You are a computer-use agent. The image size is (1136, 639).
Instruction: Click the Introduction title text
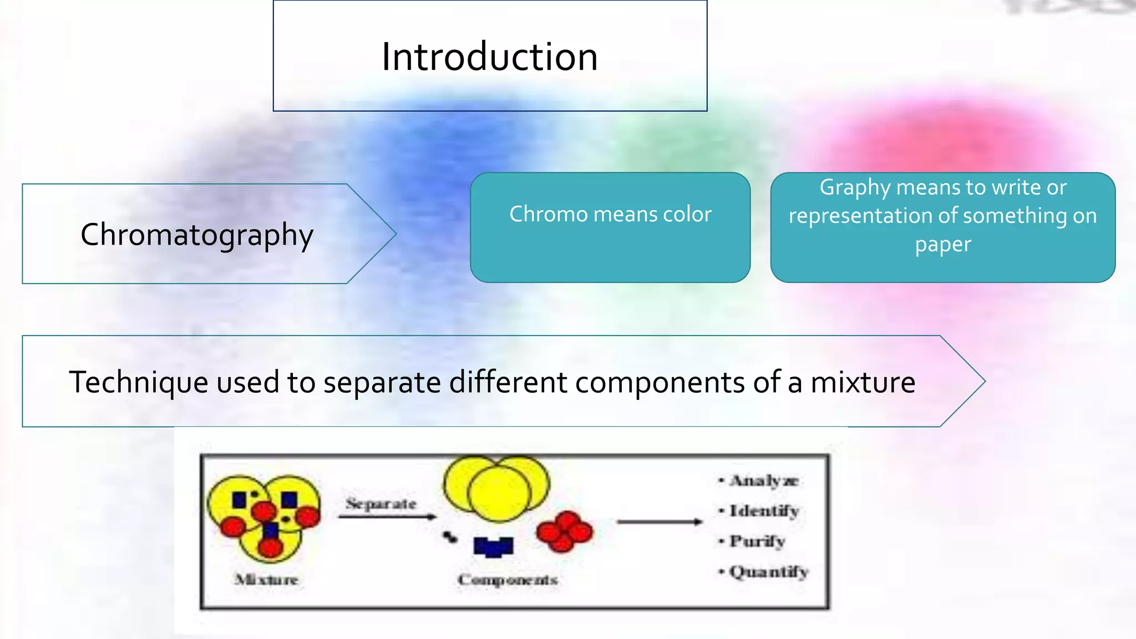(489, 57)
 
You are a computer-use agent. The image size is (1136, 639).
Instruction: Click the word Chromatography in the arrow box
(197, 235)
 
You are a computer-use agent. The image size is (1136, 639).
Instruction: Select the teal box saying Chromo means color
(610, 227)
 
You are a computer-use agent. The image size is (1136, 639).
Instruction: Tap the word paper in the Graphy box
(943, 245)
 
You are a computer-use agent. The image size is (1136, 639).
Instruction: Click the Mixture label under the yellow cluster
(266, 580)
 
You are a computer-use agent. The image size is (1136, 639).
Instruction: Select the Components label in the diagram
(508, 580)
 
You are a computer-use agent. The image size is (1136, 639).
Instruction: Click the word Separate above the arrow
(381, 504)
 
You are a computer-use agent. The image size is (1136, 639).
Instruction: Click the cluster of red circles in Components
(564, 531)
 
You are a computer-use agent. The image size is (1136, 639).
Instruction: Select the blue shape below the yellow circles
(493, 546)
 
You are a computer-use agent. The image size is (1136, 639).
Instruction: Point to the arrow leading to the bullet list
(659, 521)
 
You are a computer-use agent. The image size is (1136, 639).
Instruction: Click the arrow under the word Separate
(387, 517)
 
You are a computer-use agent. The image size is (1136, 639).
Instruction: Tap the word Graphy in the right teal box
(854, 188)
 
